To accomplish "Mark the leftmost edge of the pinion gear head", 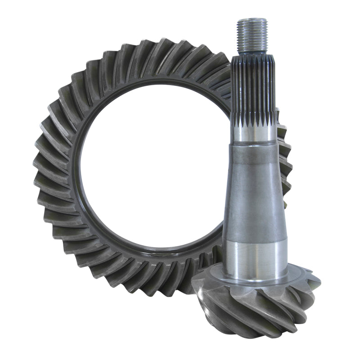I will pos(193,288).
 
